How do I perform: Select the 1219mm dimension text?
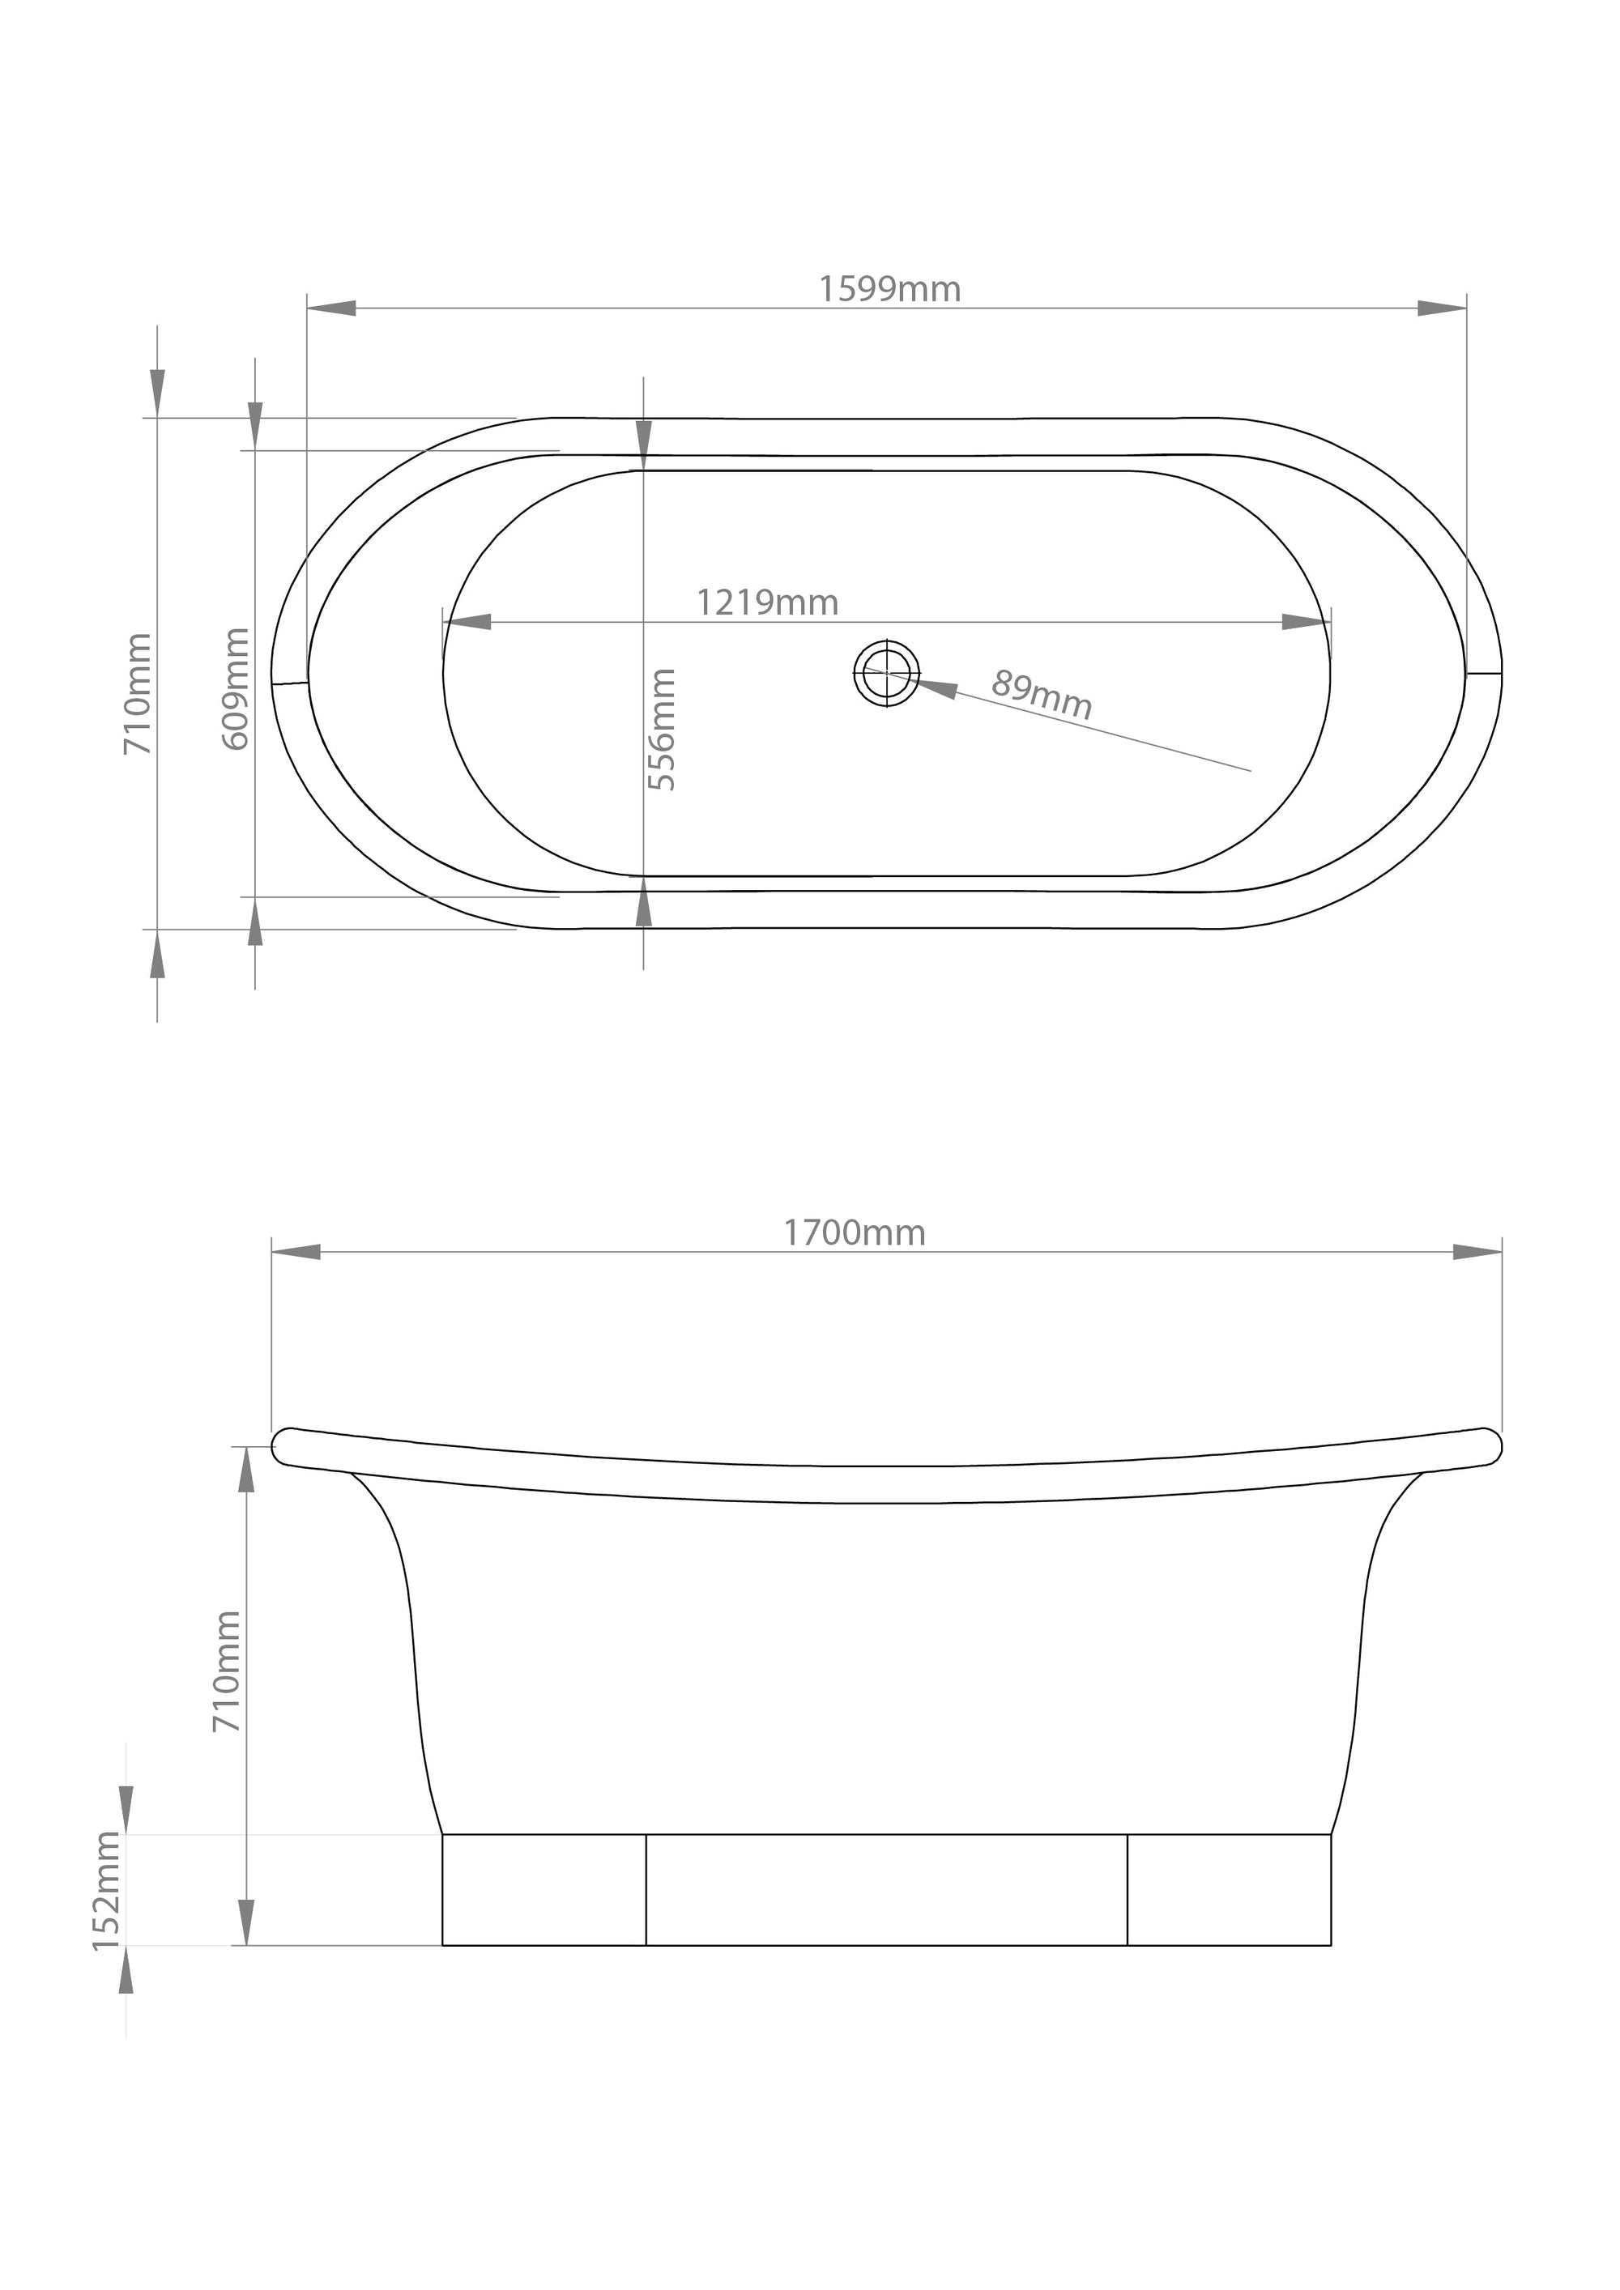(x=766, y=602)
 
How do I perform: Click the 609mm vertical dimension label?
(x=237, y=688)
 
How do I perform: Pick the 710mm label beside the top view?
(x=138, y=693)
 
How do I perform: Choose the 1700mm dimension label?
(x=854, y=1234)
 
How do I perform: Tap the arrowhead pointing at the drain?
(x=932, y=687)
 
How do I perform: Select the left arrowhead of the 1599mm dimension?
(x=331, y=309)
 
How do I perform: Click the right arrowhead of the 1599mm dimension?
(x=1442, y=309)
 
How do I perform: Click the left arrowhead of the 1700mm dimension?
(x=296, y=1252)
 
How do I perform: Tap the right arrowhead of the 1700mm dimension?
(x=1477, y=1252)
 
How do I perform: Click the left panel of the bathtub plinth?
(x=544, y=1889)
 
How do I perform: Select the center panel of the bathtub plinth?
(x=886, y=1889)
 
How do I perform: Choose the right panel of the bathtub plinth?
(x=1229, y=1889)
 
